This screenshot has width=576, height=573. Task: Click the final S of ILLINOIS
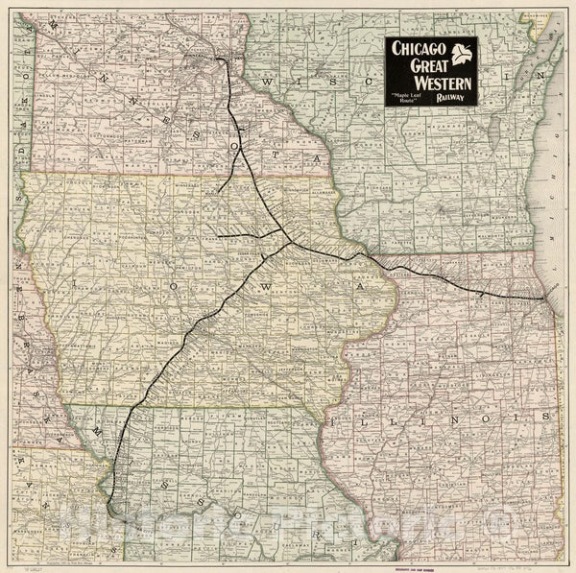point(546,418)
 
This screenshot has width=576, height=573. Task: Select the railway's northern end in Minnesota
point(221,59)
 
